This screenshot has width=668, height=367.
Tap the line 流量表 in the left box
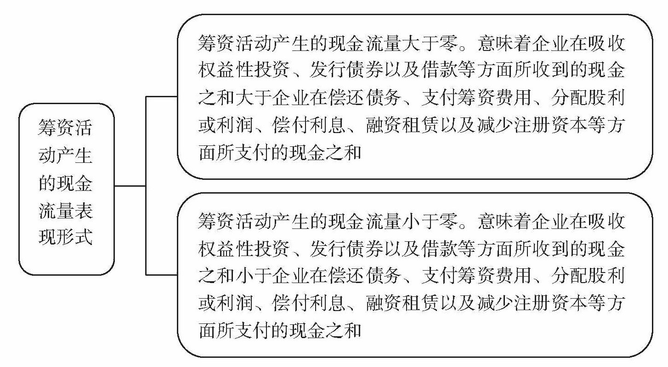tap(65, 211)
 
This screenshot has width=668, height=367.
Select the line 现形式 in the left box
tap(65, 238)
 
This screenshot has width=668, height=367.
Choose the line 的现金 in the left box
tap(65, 184)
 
